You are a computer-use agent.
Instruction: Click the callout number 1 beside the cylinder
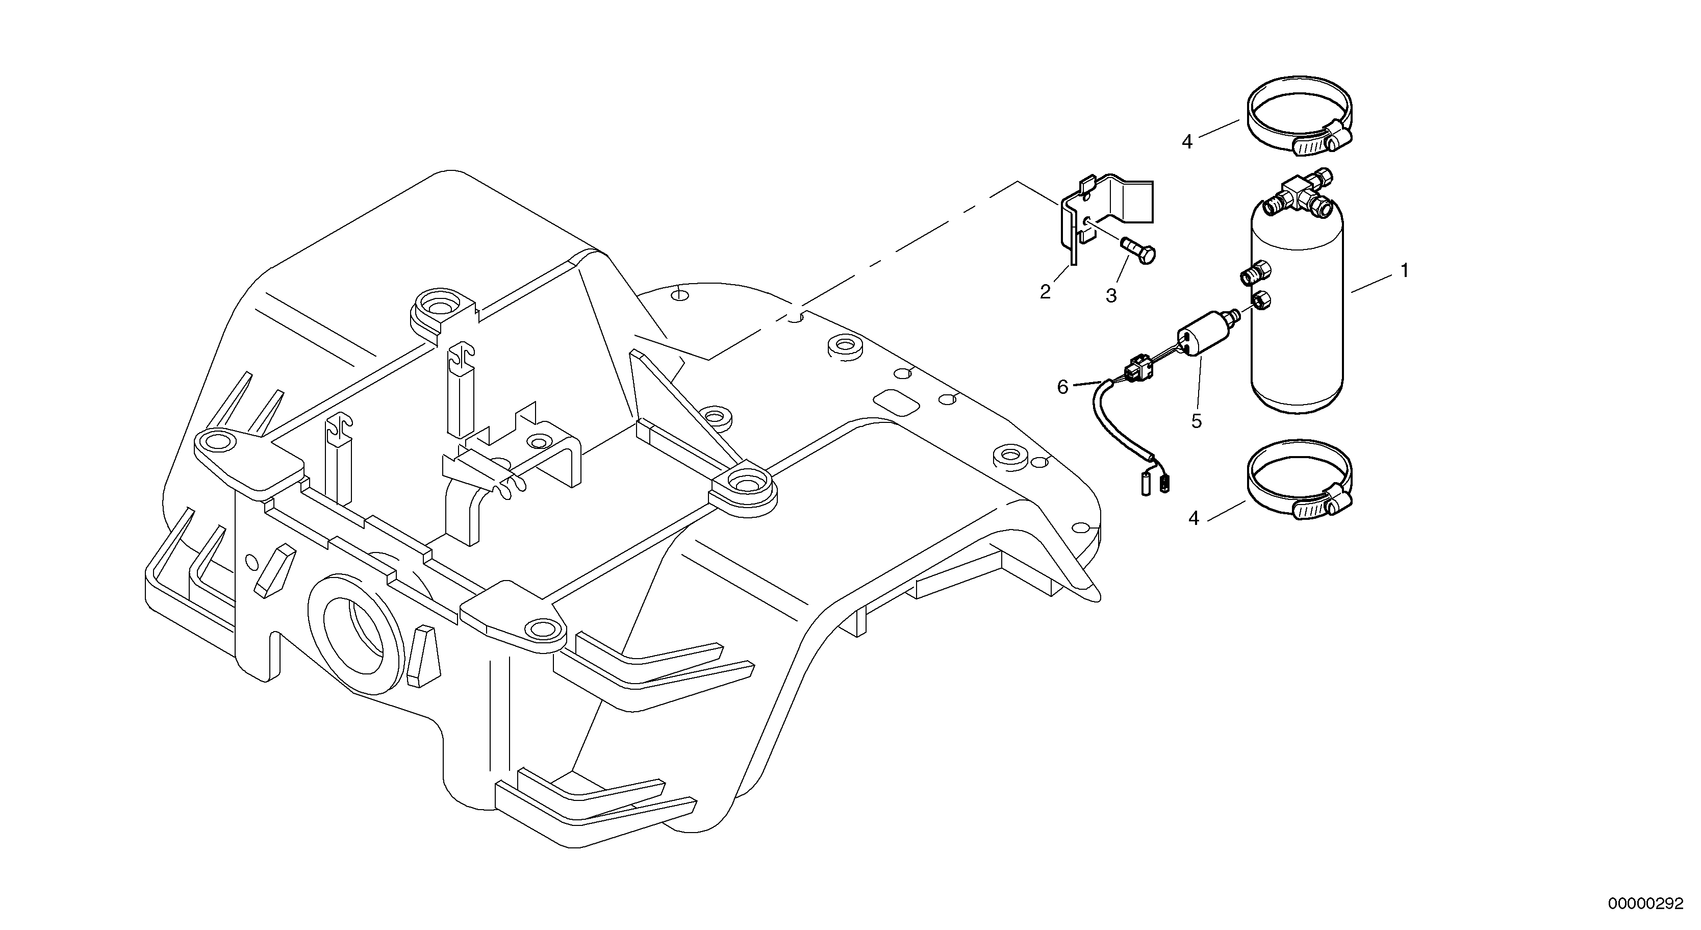(1405, 271)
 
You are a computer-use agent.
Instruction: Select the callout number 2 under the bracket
(1045, 292)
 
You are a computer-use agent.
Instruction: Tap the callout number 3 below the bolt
(1111, 296)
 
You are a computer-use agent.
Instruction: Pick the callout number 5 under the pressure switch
(1197, 421)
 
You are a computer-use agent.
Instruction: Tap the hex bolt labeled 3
(1138, 252)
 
